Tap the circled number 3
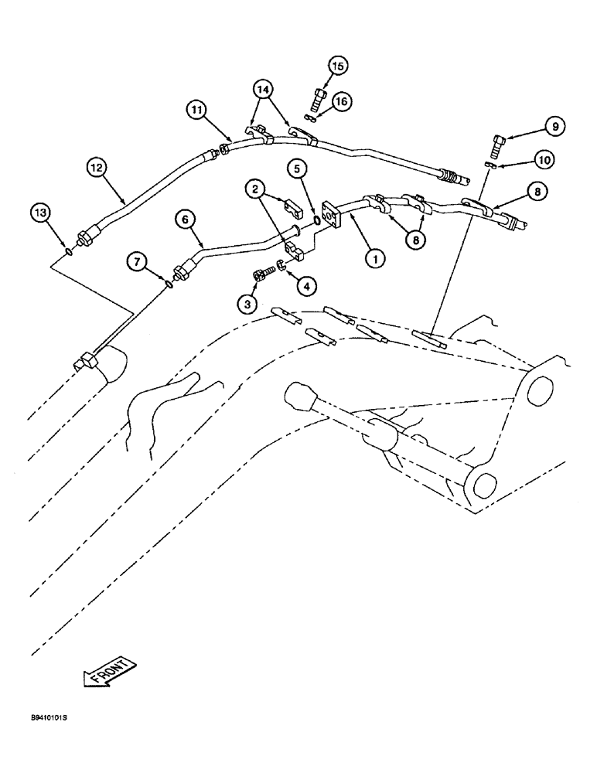point(247,305)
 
